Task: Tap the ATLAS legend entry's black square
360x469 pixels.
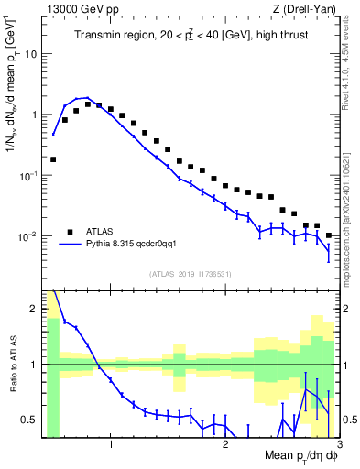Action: click(70, 232)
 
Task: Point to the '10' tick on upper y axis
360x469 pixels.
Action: click(32, 53)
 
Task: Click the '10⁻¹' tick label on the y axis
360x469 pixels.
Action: click(29, 174)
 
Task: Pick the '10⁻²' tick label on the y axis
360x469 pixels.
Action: click(29, 235)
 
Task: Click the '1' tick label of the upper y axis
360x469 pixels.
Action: click(35, 115)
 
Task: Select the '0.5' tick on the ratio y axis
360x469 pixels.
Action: click(31, 420)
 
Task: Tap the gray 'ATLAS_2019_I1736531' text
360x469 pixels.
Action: click(191, 274)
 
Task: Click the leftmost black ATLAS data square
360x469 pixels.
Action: click(53, 159)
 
